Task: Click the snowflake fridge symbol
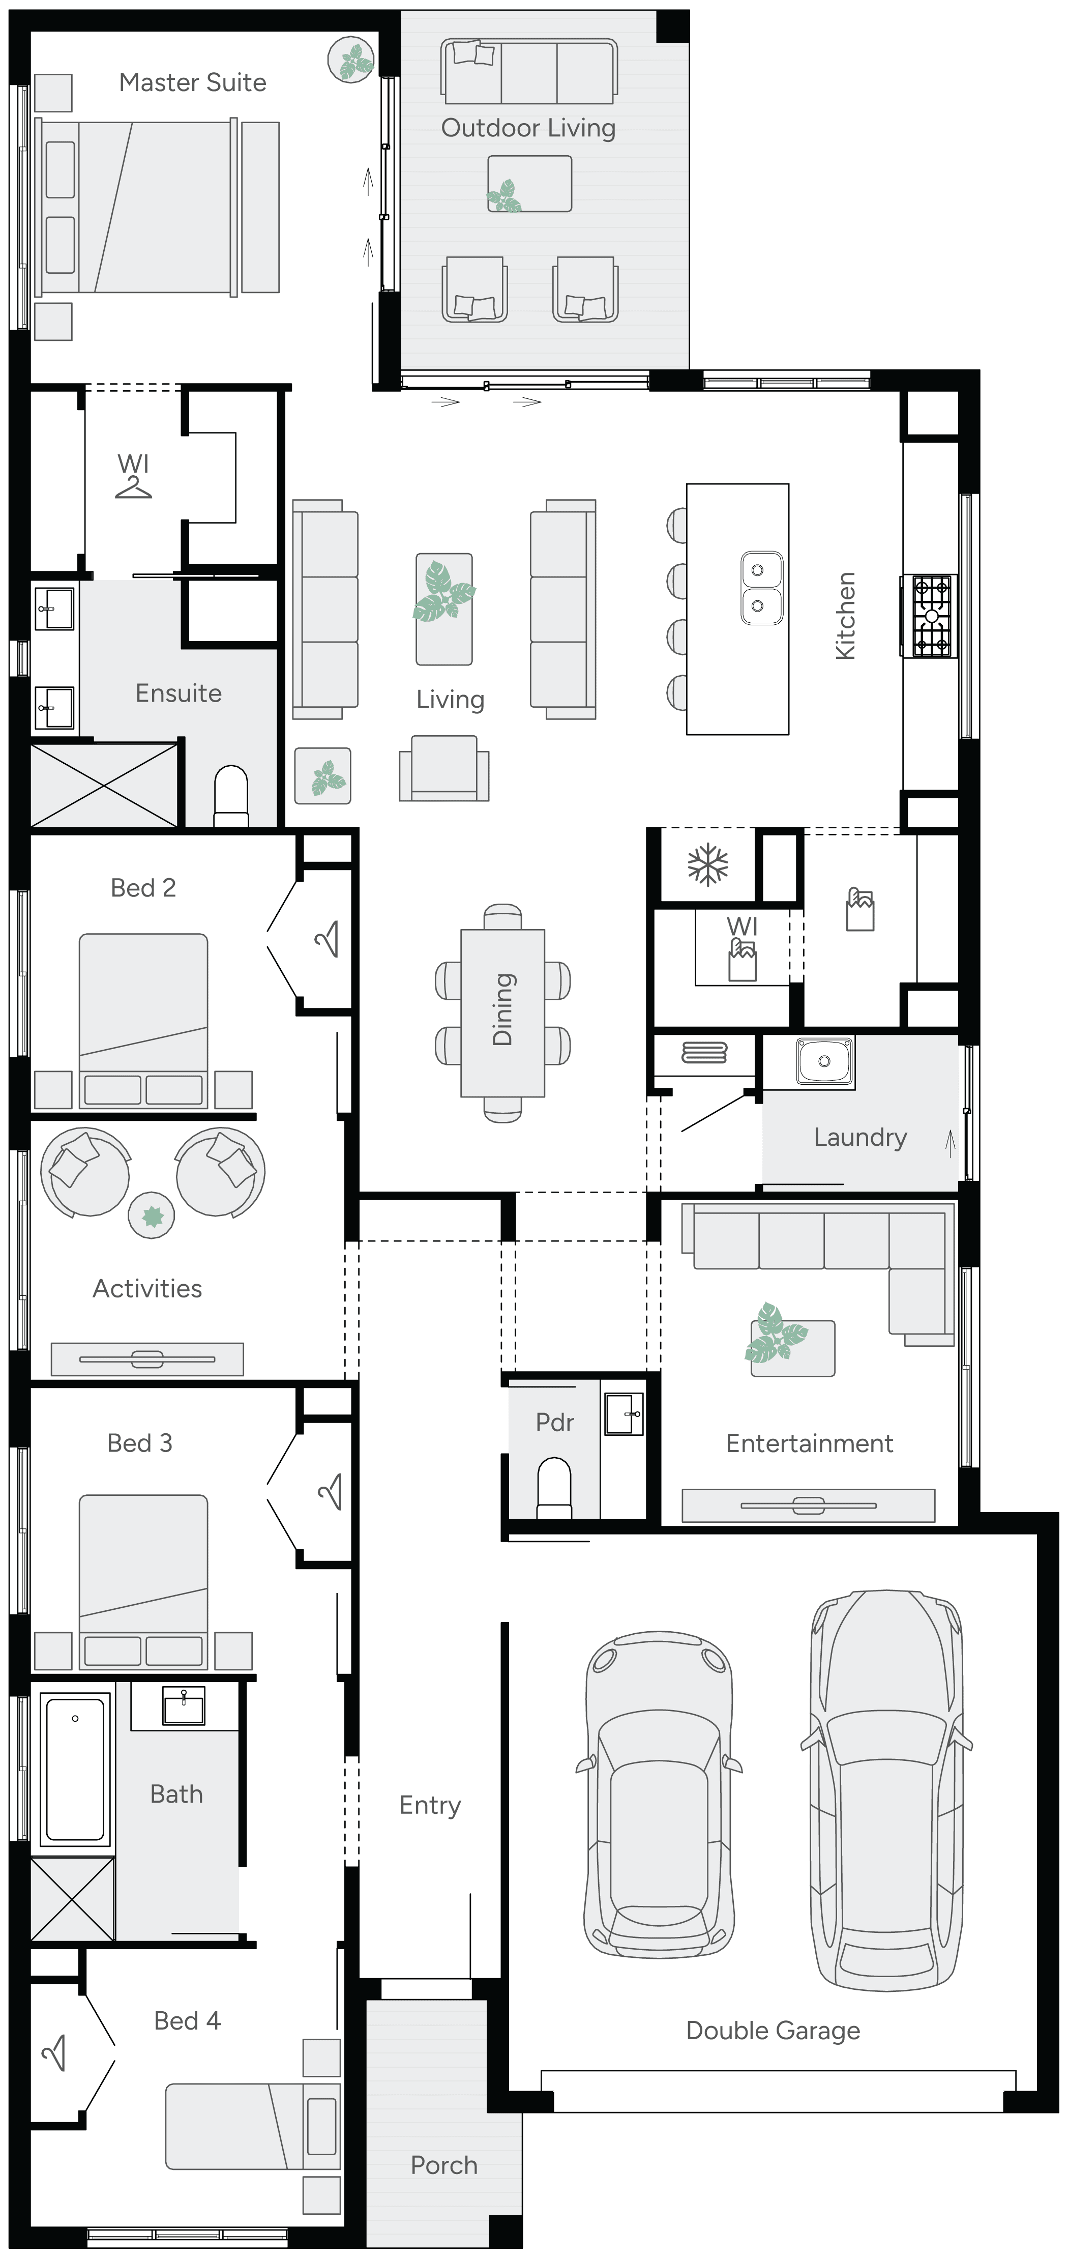tap(707, 865)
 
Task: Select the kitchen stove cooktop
tap(931, 616)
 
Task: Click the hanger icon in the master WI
tap(133, 487)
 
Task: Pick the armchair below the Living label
tap(444, 769)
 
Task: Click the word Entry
tap(429, 1805)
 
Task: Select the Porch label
tap(443, 2165)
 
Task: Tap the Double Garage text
tap(772, 2030)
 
